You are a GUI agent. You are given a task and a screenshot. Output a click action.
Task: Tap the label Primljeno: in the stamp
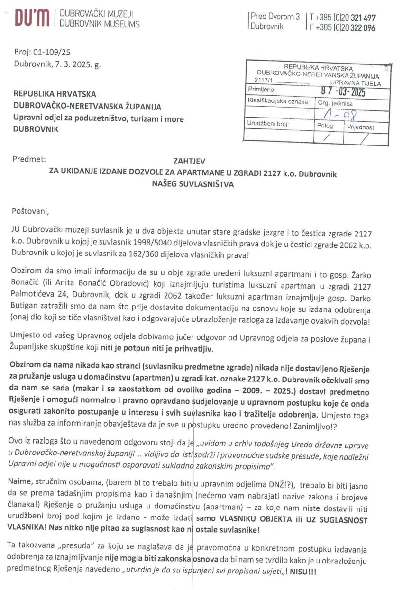[x=261, y=89]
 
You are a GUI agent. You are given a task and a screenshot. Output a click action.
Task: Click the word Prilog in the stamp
[x=325, y=127]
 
